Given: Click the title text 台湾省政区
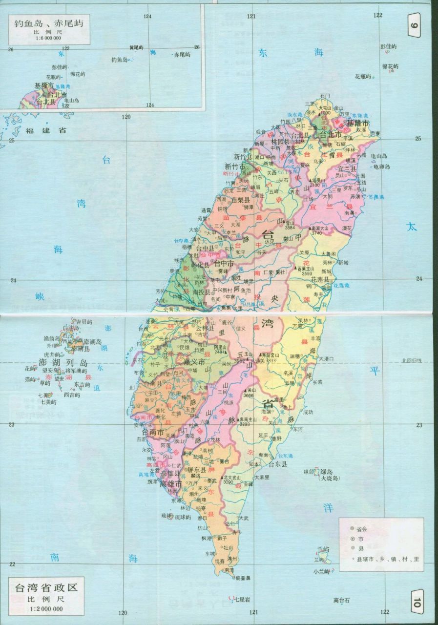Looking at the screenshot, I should pyautogui.click(x=46, y=586).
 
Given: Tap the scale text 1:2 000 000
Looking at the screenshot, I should pyautogui.click(x=46, y=608).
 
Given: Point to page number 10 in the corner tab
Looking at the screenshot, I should pyautogui.click(x=416, y=598).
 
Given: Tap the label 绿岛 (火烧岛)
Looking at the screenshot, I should pyautogui.click(x=330, y=475).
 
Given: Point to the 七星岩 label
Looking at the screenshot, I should pyautogui.click(x=242, y=599).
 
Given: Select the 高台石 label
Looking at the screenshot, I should pyautogui.click(x=342, y=600).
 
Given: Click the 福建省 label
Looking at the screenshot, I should pyautogui.click(x=46, y=130).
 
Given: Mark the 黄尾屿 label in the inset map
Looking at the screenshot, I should pyautogui.click(x=136, y=47).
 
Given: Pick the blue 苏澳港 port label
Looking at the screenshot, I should pyautogui.click(x=376, y=197).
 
